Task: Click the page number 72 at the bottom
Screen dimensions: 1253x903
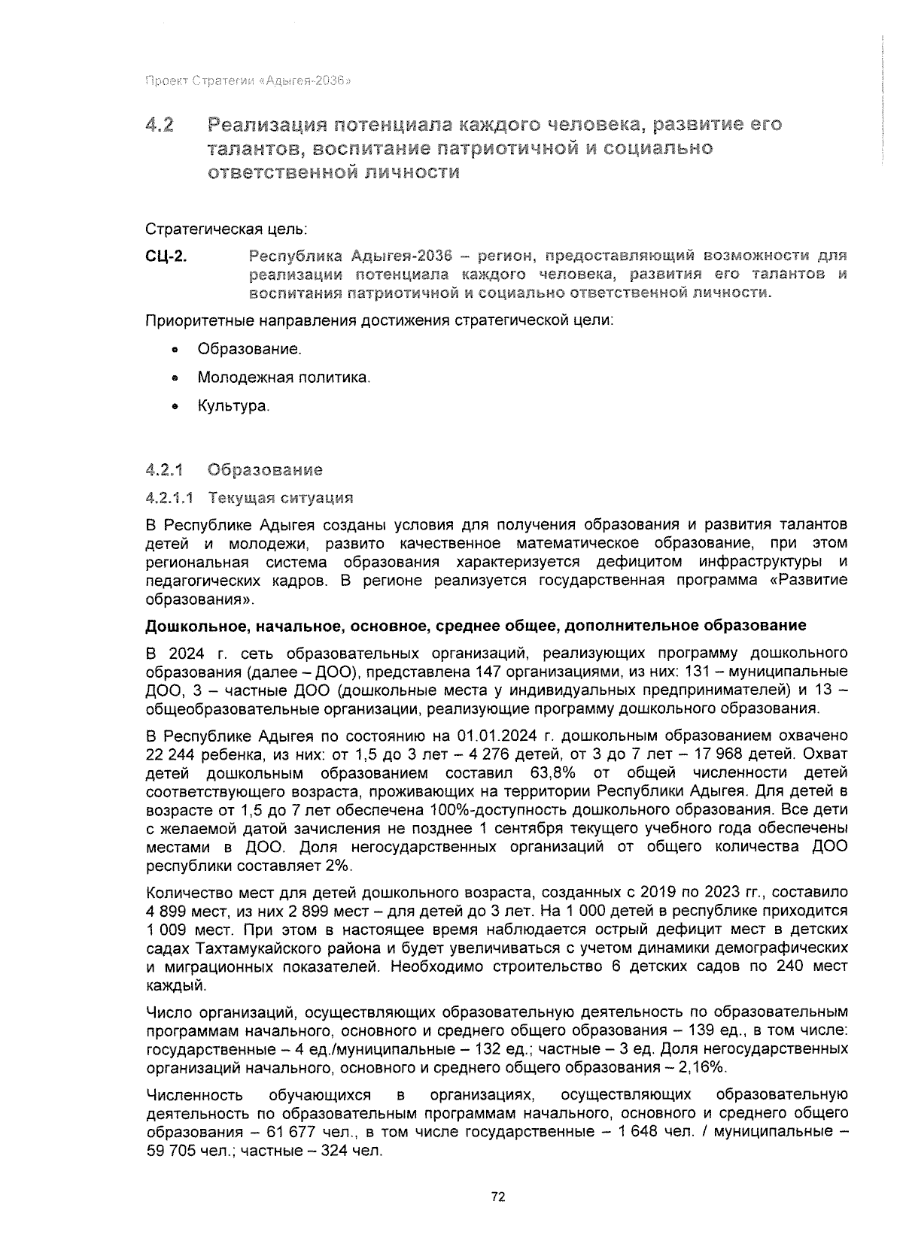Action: (x=497, y=1197)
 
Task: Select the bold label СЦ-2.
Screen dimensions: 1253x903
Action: (x=166, y=256)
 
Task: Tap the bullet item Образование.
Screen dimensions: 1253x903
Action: (x=249, y=350)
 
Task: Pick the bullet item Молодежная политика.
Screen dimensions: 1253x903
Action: (x=284, y=378)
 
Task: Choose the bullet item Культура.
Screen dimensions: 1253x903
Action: (x=233, y=406)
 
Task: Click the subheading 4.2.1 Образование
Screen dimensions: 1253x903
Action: (x=234, y=470)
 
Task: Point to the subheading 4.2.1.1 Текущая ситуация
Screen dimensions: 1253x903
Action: (x=249, y=498)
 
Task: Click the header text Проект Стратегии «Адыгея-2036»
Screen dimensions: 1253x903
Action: (x=248, y=80)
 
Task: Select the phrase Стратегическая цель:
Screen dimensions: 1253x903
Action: (x=226, y=228)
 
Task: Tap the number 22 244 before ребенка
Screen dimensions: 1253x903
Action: (x=170, y=754)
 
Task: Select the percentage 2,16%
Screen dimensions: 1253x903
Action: (x=700, y=1067)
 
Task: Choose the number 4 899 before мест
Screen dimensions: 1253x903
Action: (x=168, y=911)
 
